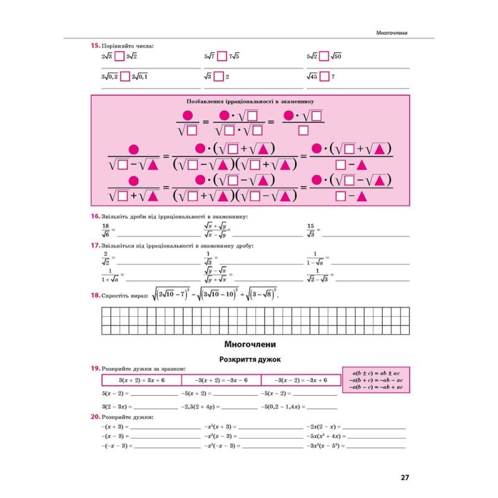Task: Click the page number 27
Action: tap(404, 478)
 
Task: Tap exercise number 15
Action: tap(95, 45)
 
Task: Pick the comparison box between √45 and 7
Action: tap(325, 77)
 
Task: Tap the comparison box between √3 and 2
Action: tap(218, 77)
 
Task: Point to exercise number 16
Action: tap(95, 216)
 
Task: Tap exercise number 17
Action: tap(95, 246)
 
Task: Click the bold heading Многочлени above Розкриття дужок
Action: tap(250, 344)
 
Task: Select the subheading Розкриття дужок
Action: tap(250, 359)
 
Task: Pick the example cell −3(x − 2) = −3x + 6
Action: tap(301, 380)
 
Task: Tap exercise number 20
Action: tap(95, 416)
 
